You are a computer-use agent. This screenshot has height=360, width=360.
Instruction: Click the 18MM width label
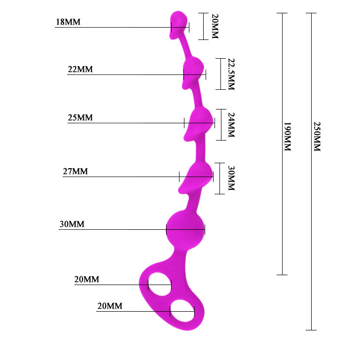click(x=68, y=22)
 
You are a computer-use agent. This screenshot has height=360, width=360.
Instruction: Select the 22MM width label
click(x=80, y=70)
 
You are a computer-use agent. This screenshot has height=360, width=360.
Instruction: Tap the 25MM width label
click(x=80, y=117)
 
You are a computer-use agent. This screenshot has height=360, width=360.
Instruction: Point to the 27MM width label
click(x=75, y=171)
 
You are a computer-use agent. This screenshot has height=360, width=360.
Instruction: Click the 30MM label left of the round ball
click(x=72, y=224)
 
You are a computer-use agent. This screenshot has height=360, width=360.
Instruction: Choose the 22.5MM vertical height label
click(x=231, y=74)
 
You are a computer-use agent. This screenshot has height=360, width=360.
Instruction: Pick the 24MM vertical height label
click(x=231, y=125)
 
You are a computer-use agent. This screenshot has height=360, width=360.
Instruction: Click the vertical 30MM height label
click(x=231, y=178)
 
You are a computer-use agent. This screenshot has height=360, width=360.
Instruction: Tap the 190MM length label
click(x=288, y=137)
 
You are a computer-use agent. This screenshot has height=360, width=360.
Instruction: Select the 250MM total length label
click(x=317, y=137)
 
